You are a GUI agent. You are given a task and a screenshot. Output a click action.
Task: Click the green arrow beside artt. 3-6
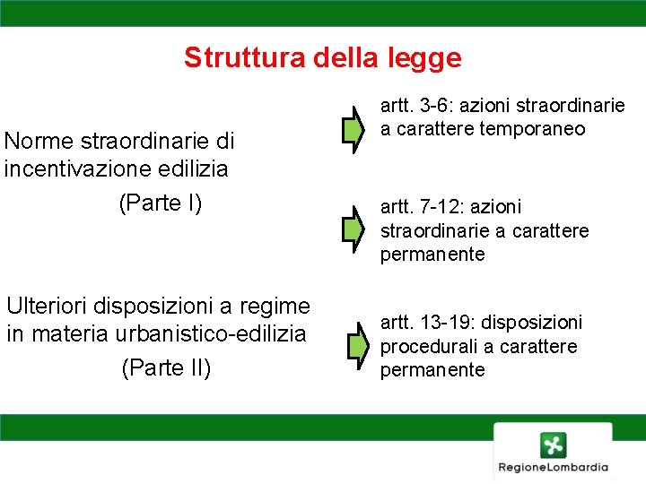point(354,130)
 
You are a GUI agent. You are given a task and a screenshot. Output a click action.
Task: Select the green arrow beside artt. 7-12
point(354,230)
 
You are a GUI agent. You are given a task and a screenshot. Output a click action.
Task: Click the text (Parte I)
point(161,203)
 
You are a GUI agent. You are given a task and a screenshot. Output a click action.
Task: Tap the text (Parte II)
point(166,367)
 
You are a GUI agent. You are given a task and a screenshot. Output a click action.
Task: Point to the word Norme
point(39,142)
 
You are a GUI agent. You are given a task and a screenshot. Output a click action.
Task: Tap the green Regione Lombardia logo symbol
point(553,445)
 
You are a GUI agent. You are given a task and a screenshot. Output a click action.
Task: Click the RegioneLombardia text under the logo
point(554,467)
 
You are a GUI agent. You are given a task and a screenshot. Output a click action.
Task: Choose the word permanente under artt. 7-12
point(432,255)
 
